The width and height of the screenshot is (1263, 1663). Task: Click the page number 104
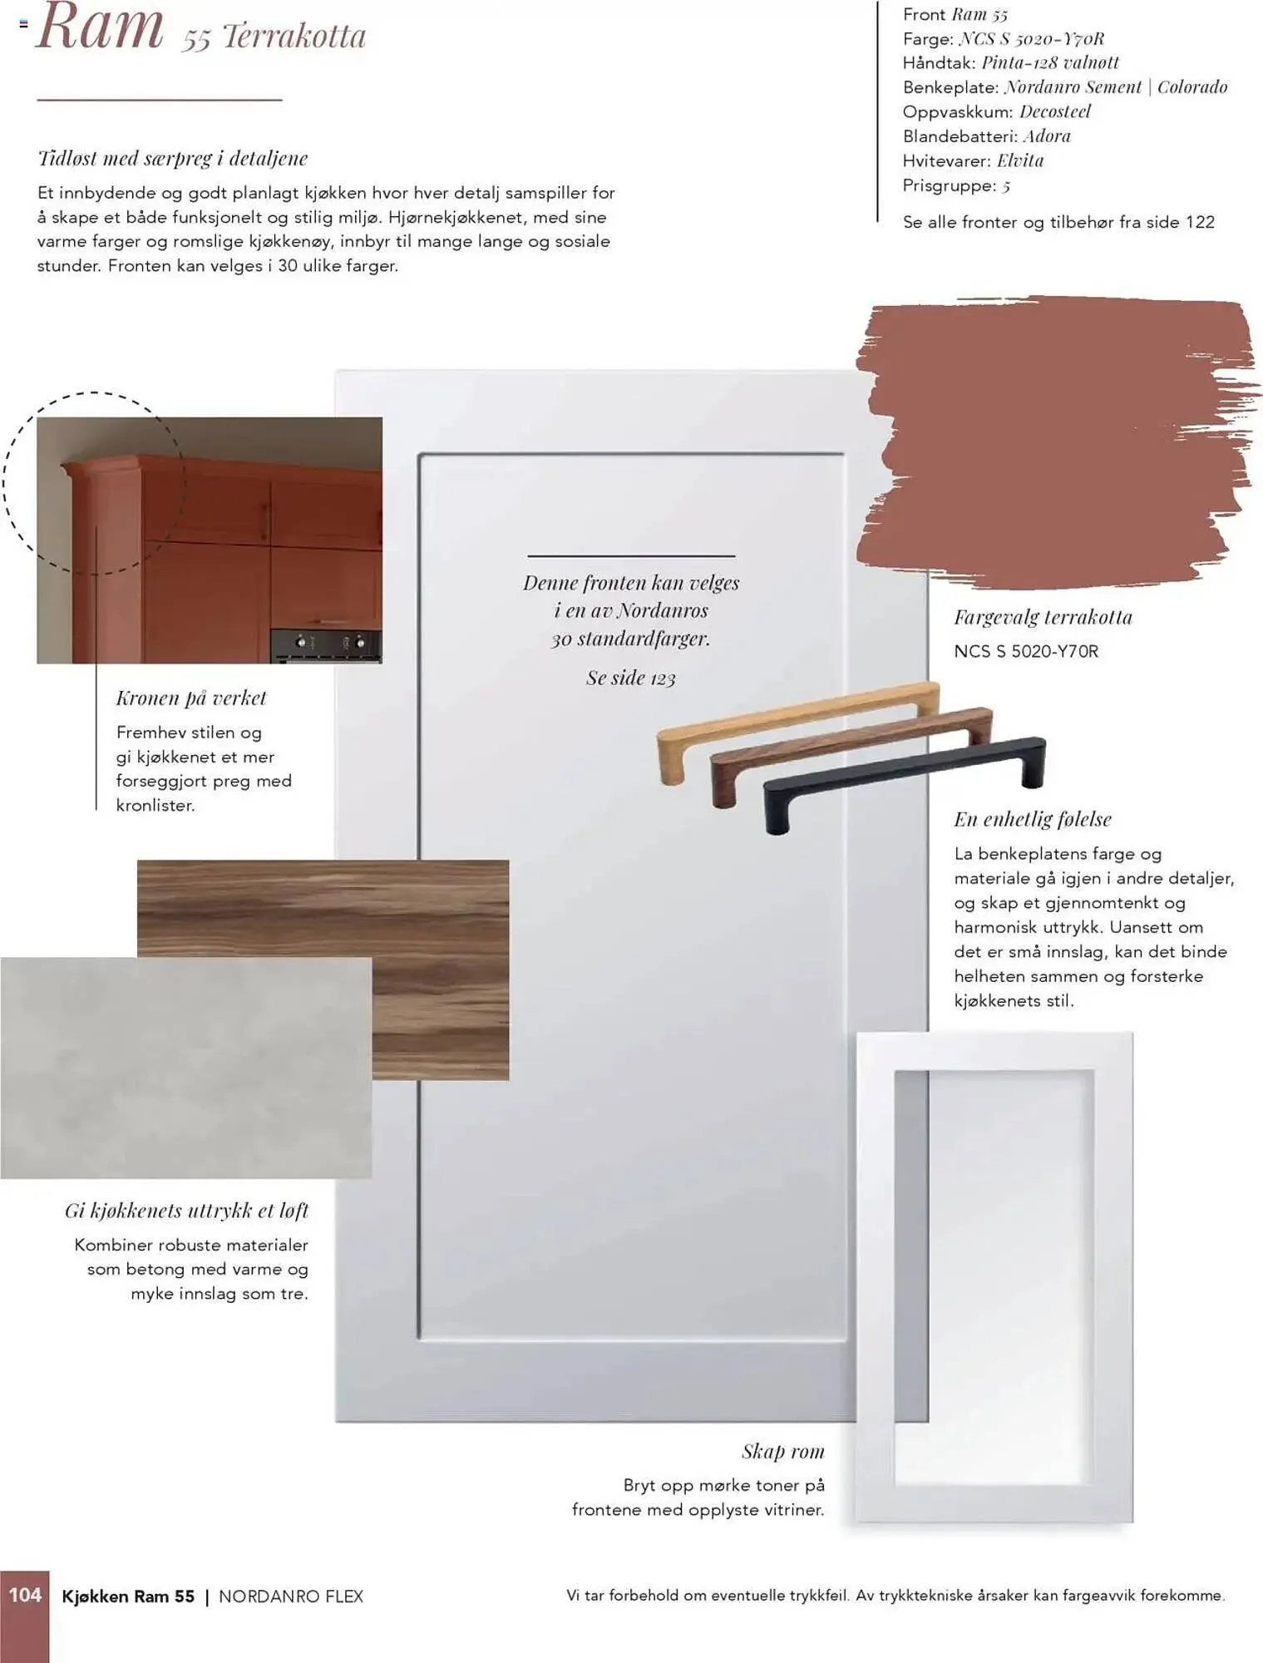click(25, 1595)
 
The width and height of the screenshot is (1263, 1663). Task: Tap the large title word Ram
click(99, 27)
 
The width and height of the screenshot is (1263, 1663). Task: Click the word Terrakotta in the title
click(294, 37)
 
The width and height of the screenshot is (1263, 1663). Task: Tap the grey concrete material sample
click(185, 1068)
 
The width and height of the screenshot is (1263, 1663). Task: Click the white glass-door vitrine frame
click(875, 1278)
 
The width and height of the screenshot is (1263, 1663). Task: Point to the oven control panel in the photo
click(326, 644)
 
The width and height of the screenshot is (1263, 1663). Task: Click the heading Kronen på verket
click(191, 698)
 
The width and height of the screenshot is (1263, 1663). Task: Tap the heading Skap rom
click(782, 1451)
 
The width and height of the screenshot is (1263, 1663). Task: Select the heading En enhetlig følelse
click(1033, 819)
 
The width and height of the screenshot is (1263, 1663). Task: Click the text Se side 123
click(631, 678)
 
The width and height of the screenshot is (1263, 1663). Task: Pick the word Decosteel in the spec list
click(1055, 111)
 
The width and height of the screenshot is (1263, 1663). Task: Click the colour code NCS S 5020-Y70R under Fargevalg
click(1026, 651)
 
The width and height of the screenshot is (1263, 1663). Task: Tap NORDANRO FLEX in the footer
click(291, 1596)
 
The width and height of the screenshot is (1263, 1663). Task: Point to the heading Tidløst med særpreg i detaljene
click(173, 158)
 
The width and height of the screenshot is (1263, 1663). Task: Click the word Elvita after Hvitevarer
click(1020, 160)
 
